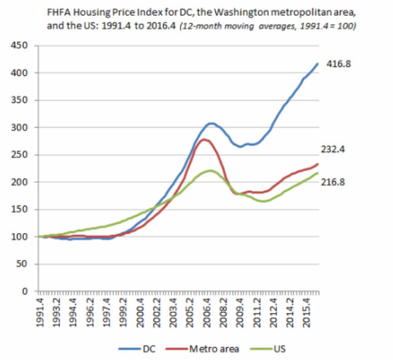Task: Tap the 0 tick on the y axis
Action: (29, 291)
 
